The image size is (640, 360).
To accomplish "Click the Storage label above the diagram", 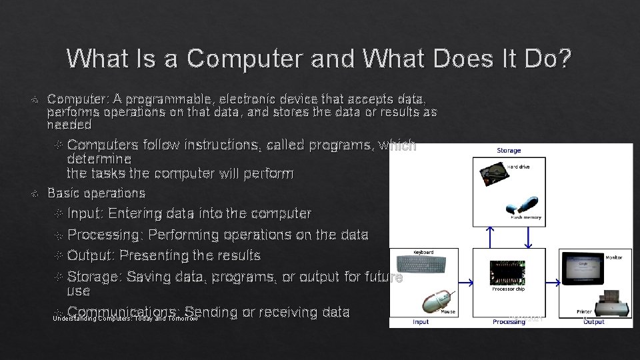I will pos(509,151).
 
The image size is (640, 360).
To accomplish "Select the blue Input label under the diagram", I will pos(421,322).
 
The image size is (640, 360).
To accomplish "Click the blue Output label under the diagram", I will pos(593,322).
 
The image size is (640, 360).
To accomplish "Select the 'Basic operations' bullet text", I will pos(96,193).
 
